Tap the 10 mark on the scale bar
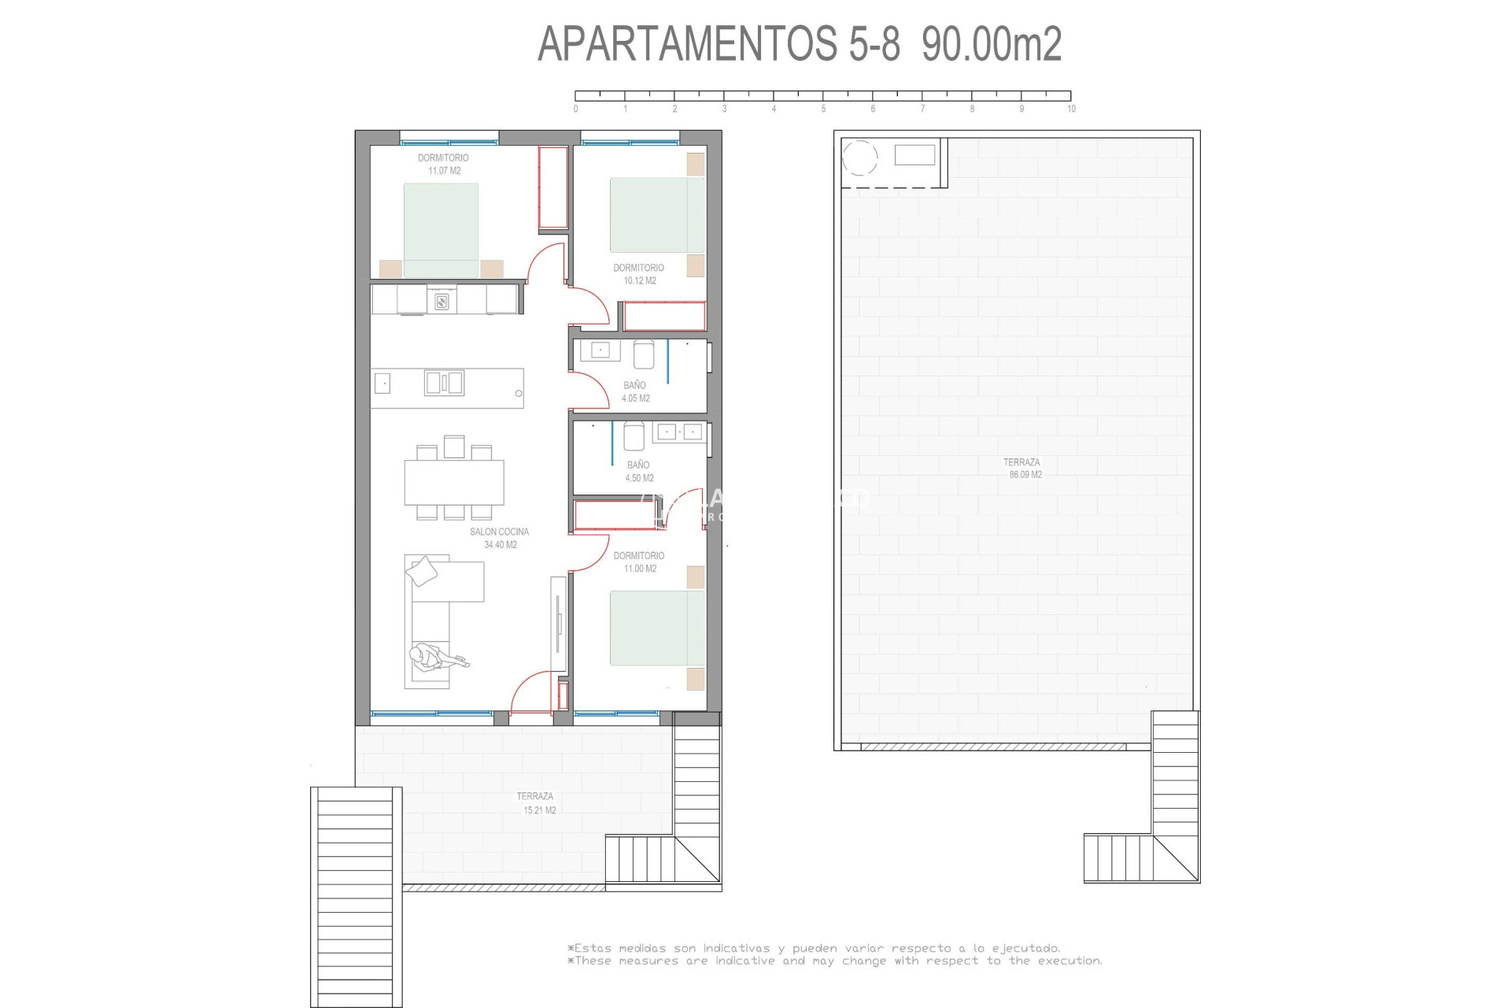[x=1070, y=109]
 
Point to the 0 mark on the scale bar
[x=576, y=109]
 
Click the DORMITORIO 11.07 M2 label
[x=443, y=164]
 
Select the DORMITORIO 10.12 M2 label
[x=638, y=274]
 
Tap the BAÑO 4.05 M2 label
[x=635, y=391]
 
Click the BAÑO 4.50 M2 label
[x=638, y=471]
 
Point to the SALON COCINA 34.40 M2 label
[x=499, y=538]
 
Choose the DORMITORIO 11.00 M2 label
[x=638, y=561]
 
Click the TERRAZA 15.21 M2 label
[x=535, y=802]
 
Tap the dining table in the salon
[x=454, y=482]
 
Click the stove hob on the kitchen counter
[x=441, y=300]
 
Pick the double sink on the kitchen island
[x=444, y=383]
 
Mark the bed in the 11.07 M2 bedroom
[x=441, y=229]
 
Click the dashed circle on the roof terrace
[x=859, y=157]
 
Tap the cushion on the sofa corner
[x=422, y=571]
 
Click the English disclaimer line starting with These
[x=834, y=961]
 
